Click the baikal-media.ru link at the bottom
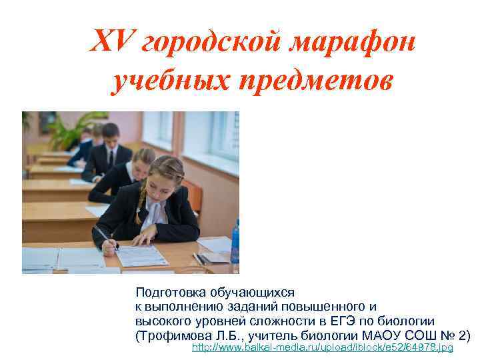(x=322, y=348)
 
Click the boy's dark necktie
(x=110, y=157)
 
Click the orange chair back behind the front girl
(x=193, y=193)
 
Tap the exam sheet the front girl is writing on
(x=143, y=255)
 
